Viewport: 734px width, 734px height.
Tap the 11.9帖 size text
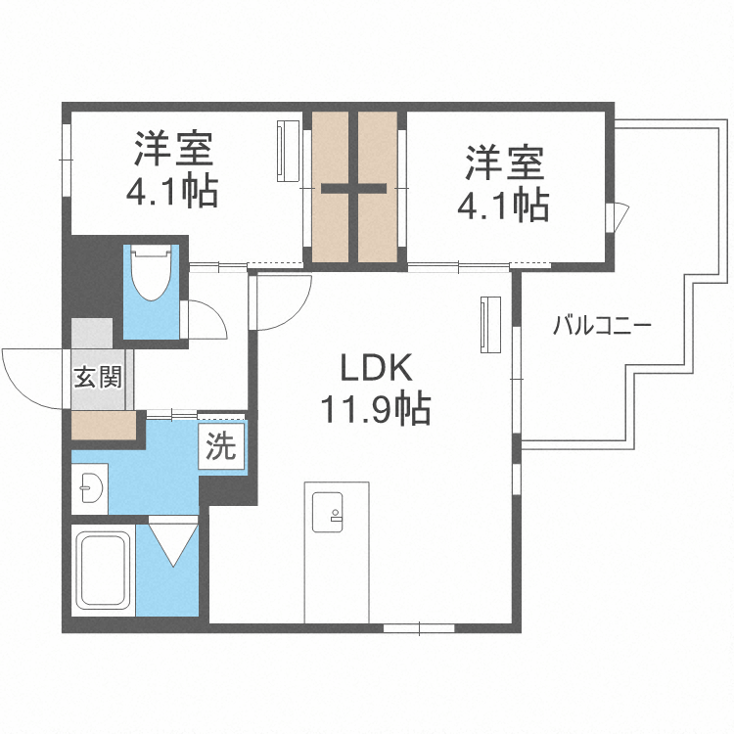coord(377,409)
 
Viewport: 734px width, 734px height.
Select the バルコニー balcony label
coord(602,326)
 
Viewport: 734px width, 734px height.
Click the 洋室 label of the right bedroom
coord(503,162)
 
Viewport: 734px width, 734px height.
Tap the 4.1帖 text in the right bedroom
coord(503,204)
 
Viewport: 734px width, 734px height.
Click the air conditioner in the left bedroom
coord(288,151)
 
